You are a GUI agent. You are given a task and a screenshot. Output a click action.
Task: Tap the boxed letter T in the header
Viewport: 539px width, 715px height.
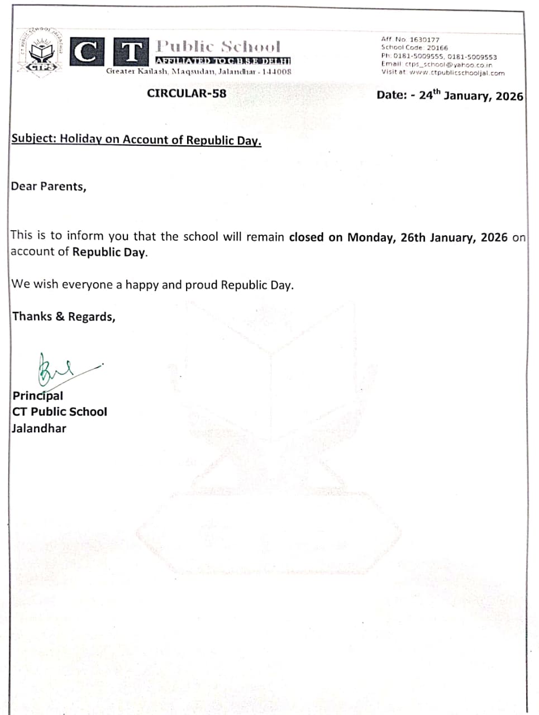click(131, 53)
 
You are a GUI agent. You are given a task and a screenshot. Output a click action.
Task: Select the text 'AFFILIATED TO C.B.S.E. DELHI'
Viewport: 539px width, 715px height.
click(223, 61)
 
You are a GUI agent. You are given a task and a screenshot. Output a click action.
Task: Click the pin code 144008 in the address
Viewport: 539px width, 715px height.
click(277, 71)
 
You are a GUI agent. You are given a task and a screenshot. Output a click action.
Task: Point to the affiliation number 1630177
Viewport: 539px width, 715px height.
click(424, 40)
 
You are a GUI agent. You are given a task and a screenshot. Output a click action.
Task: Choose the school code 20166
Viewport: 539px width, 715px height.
click(437, 48)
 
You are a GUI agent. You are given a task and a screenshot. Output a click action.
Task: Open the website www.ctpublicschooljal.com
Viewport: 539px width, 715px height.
click(457, 73)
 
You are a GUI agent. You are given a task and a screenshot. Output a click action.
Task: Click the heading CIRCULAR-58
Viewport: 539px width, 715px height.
click(187, 93)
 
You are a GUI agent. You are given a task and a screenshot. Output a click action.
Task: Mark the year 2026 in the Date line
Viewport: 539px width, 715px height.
click(509, 96)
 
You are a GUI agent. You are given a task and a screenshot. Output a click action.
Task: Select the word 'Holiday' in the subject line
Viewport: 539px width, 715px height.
click(81, 139)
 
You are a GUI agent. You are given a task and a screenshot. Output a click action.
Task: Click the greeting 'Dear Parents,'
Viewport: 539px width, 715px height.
click(49, 187)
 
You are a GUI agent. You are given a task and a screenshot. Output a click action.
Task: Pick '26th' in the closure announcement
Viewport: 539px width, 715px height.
click(413, 237)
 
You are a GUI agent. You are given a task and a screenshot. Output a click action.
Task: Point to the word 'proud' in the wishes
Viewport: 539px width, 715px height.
click(201, 285)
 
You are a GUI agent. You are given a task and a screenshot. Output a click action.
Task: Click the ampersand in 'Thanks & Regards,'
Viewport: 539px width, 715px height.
click(60, 317)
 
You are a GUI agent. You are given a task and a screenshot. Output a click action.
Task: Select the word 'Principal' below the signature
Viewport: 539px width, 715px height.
click(38, 396)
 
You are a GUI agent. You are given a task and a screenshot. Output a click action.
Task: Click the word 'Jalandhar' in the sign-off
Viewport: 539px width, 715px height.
click(39, 428)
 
